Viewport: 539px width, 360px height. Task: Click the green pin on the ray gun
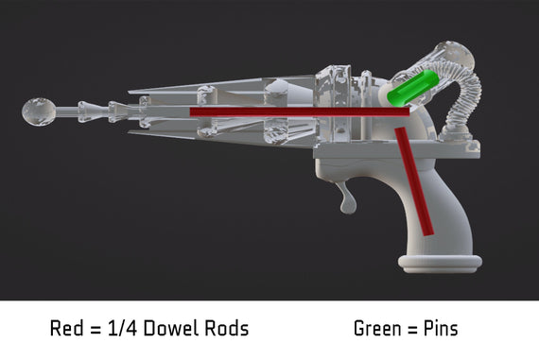click(x=413, y=88)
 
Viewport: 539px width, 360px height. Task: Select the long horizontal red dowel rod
click(x=300, y=111)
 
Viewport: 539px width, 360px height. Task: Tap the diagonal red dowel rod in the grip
click(x=414, y=181)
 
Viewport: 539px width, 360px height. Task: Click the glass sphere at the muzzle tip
click(x=39, y=111)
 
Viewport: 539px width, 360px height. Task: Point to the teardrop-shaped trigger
click(x=348, y=199)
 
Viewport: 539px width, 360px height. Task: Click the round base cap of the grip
click(x=440, y=264)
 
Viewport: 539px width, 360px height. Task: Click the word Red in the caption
click(x=67, y=328)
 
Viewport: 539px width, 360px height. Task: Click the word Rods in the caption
click(x=227, y=328)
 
